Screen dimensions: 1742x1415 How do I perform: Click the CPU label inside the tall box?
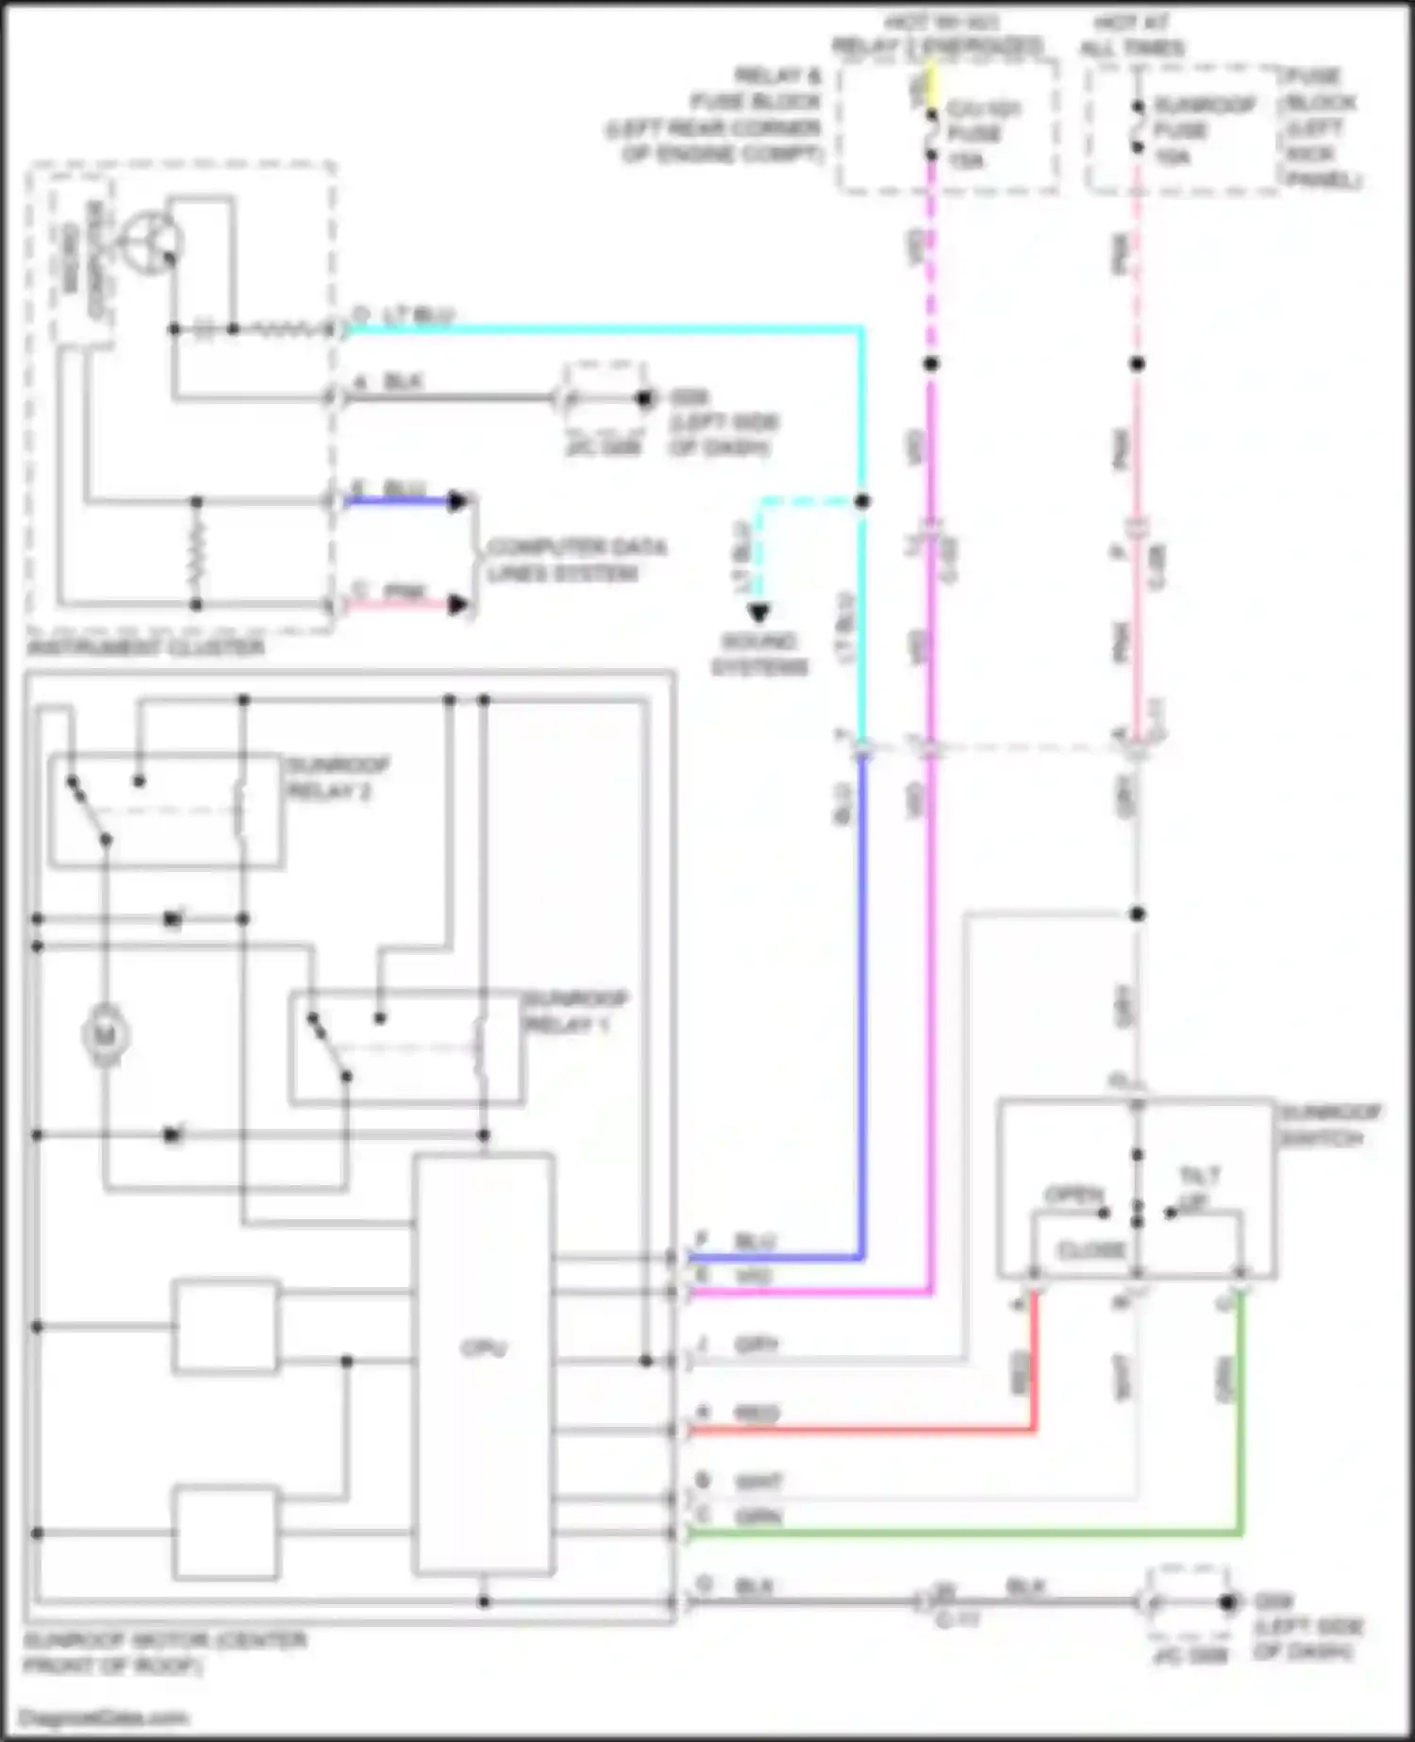point(484,1348)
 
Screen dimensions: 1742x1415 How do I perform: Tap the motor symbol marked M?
point(106,1036)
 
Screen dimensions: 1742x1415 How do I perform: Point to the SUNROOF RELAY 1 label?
point(574,1012)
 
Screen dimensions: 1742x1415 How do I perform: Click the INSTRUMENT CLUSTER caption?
point(146,647)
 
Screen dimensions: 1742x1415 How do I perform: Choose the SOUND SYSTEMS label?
point(759,654)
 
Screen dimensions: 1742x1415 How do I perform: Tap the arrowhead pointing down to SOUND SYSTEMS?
point(759,613)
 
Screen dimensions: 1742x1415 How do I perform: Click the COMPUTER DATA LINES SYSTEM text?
point(575,561)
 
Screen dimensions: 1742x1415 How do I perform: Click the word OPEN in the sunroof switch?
point(1074,1195)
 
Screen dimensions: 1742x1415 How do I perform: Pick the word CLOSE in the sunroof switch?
point(1091,1250)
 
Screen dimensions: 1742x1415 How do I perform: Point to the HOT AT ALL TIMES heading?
point(1132,35)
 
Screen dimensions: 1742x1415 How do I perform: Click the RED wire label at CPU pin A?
point(757,1414)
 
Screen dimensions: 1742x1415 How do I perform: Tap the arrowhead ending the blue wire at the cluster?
point(458,501)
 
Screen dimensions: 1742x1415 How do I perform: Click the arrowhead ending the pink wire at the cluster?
point(458,605)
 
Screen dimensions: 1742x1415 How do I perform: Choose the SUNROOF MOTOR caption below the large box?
point(165,1653)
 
